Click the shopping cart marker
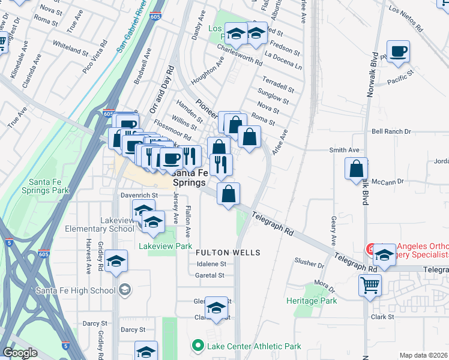coord(370,286)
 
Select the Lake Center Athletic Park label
coord(254,346)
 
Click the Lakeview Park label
coord(165,246)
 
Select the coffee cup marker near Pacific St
coord(398,52)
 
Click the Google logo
coord(20,352)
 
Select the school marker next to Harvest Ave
coord(116,261)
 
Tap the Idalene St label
coord(210,263)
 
